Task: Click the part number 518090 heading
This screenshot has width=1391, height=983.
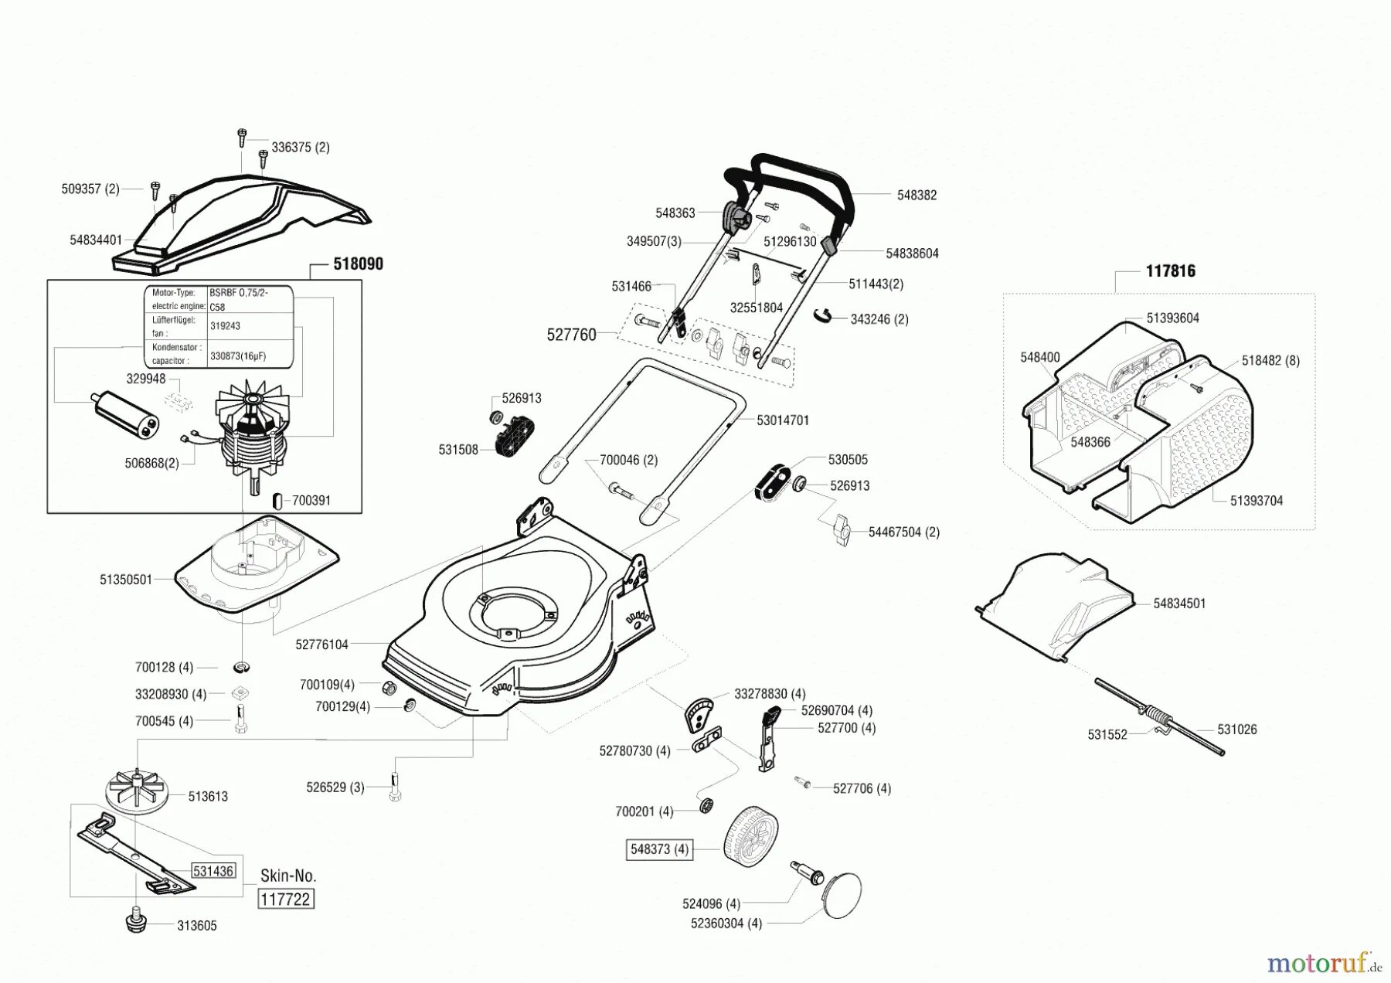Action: [358, 264]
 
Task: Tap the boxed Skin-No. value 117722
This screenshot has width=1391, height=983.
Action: [285, 900]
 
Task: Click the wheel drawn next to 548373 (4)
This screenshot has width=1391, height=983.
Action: [750, 836]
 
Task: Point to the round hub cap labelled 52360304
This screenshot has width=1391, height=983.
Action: [842, 896]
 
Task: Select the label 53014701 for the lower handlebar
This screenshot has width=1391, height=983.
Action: [783, 420]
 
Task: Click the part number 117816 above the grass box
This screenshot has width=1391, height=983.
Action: [1170, 271]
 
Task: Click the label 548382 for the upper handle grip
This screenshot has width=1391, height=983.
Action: [917, 196]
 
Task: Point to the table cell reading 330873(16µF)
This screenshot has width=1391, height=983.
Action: [238, 356]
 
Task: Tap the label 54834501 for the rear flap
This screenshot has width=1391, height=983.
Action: [1179, 604]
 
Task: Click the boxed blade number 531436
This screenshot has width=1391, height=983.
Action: [213, 871]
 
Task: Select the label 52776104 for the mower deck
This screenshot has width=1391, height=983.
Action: [321, 644]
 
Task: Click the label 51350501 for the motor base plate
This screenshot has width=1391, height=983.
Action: [126, 580]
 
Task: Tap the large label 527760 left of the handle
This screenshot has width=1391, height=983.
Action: [571, 335]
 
